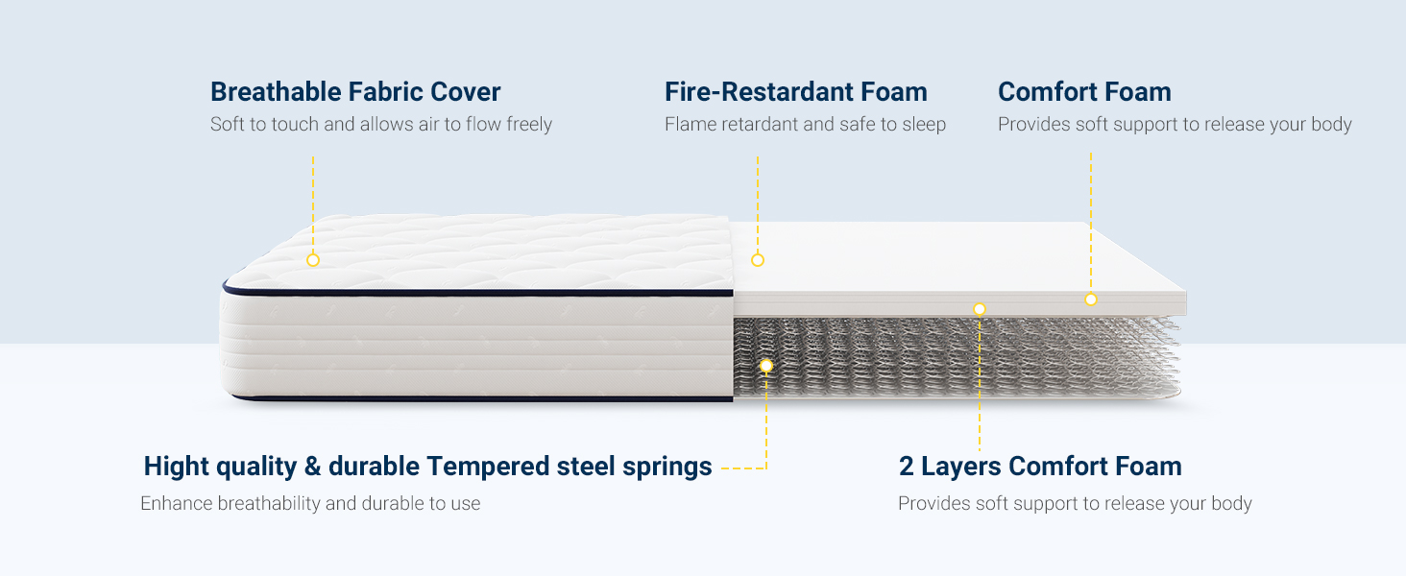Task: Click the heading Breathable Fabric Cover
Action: [x=355, y=92]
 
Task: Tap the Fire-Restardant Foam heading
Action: [x=795, y=92]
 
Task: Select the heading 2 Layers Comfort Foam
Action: [x=1040, y=467]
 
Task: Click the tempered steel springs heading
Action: [x=427, y=467]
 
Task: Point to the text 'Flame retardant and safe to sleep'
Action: [x=805, y=125]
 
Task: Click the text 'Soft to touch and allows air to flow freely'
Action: [x=380, y=125]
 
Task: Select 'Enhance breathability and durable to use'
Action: [x=310, y=504]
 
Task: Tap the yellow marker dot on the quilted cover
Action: [x=312, y=260]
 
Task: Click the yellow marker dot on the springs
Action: [x=765, y=366]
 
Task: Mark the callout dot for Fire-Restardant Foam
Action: [x=757, y=260]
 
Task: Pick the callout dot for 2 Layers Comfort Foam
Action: [x=979, y=309]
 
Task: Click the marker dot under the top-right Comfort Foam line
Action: [x=1090, y=300]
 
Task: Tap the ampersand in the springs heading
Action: [x=312, y=467]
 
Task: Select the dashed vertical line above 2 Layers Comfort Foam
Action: [x=979, y=384]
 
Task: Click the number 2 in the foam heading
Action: [x=907, y=467]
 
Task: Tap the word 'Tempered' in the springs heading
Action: [x=488, y=467]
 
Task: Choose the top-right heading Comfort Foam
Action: [x=1084, y=92]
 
